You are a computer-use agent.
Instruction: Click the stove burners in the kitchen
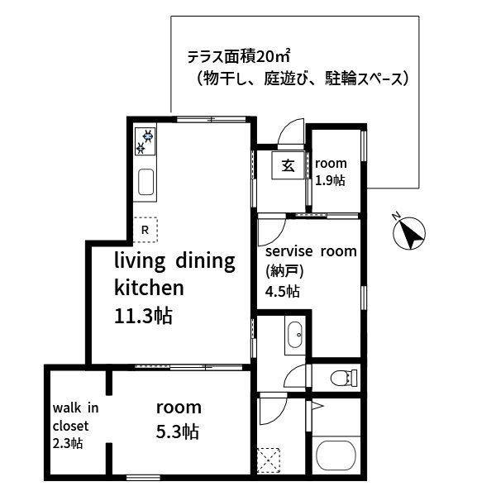pyautogui.click(x=145, y=141)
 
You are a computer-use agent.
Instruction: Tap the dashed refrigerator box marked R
pyautogui.click(x=145, y=229)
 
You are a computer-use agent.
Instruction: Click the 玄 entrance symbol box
pyautogui.click(x=287, y=165)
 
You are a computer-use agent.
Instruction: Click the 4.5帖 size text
pyautogui.click(x=283, y=291)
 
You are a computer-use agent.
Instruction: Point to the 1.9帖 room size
pyautogui.click(x=330, y=180)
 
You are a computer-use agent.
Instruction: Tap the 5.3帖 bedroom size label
pyautogui.click(x=178, y=431)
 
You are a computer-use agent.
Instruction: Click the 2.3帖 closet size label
pyautogui.click(x=67, y=443)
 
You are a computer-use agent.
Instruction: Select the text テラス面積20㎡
pyautogui.click(x=238, y=58)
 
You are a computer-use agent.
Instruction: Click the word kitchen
pyautogui.click(x=148, y=288)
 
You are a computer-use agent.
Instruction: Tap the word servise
pyautogui.click(x=287, y=250)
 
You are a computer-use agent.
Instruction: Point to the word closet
pyautogui.click(x=70, y=426)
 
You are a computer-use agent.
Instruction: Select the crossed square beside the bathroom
pyautogui.click(x=269, y=459)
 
